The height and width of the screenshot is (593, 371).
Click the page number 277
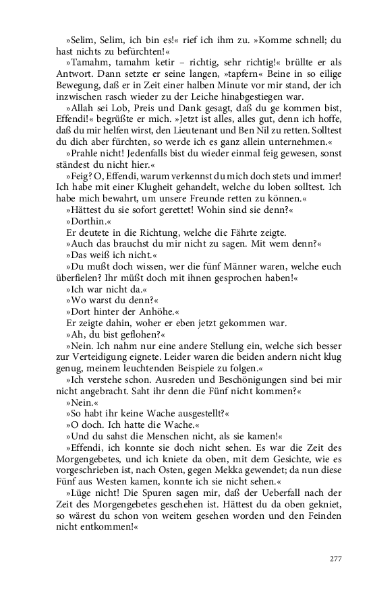pyautogui.click(x=335, y=559)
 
